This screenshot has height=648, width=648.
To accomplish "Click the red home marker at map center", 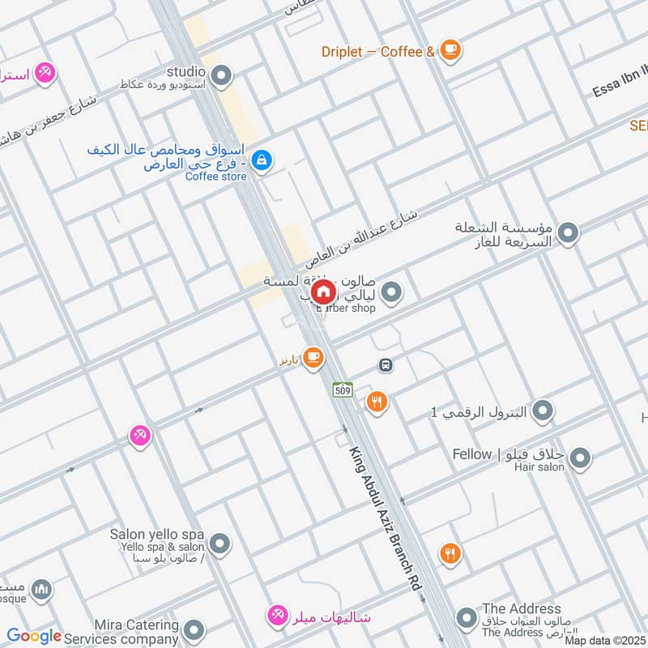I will pos(322,292).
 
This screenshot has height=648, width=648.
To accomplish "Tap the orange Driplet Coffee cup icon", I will pos(450,51).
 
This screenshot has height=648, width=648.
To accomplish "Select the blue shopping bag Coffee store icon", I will pos(262,160).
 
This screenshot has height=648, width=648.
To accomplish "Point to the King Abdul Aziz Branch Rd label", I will pos(386,522).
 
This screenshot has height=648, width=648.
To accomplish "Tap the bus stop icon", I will pos(386,365).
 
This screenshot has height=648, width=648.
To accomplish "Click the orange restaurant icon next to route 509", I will pos(377,401).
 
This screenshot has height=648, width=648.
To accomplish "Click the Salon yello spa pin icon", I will pos(219,543).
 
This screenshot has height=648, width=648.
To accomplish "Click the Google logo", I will pos(34,636).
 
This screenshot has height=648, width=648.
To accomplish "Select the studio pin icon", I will pos(221,77).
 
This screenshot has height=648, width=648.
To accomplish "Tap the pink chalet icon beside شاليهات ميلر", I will pos(278,616).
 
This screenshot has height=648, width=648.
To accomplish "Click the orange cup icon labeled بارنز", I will pos(313,358).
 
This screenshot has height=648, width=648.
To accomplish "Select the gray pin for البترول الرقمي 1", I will pos(543,411).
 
